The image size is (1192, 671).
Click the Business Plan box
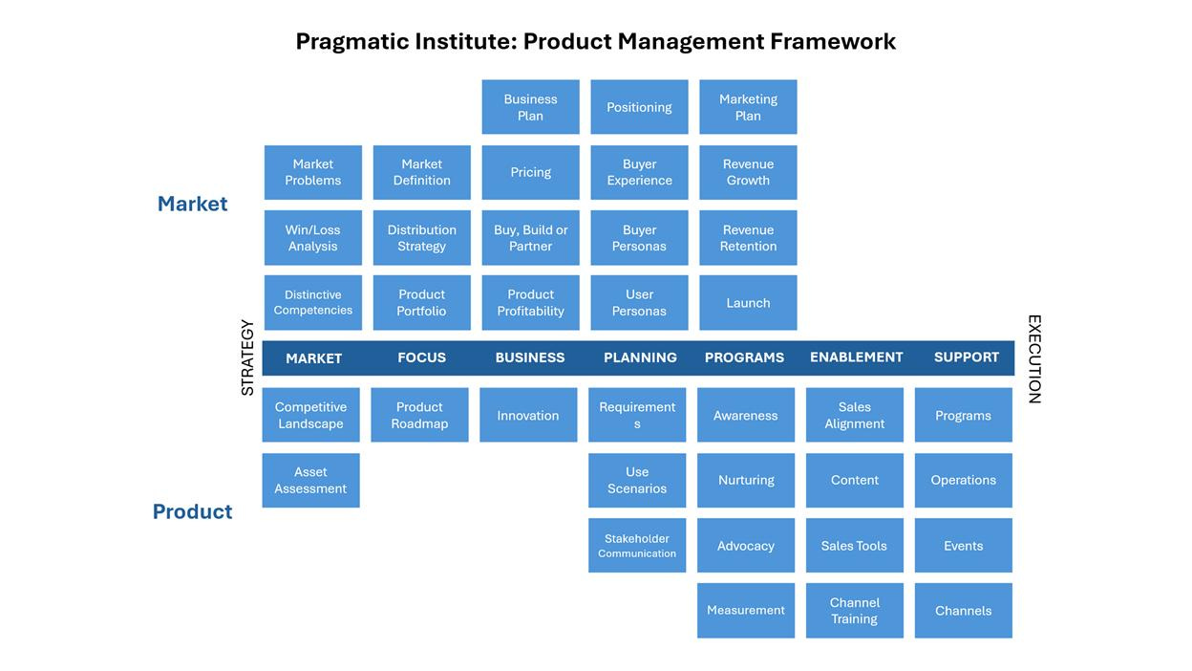click(x=530, y=107)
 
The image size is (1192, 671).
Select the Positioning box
click(x=639, y=107)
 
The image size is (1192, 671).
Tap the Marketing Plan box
click(x=748, y=107)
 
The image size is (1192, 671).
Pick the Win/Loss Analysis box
click(x=313, y=238)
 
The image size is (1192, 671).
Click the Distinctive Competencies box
click(x=313, y=303)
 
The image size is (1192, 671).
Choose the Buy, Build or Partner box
click(x=530, y=238)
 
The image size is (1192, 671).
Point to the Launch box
click(x=748, y=303)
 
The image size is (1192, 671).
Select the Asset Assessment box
click(x=310, y=481)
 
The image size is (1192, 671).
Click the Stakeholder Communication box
click(x=637, y=546)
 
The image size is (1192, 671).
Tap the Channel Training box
click(x=855, y=611)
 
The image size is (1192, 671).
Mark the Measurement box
click(x=746, y=611)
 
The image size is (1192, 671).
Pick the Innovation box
click(x=528, y=416)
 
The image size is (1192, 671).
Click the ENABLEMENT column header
click(x=856, y=357)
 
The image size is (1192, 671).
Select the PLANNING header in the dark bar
click(x=640, y=357)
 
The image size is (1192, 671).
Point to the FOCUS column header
click(x=421, y=357)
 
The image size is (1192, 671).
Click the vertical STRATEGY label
click(x=247, y=357)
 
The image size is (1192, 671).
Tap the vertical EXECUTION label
click(x=1033, y=359)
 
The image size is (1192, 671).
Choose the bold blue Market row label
click(x=192, y=204)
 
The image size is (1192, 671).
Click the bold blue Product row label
click(x=192, y=511)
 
